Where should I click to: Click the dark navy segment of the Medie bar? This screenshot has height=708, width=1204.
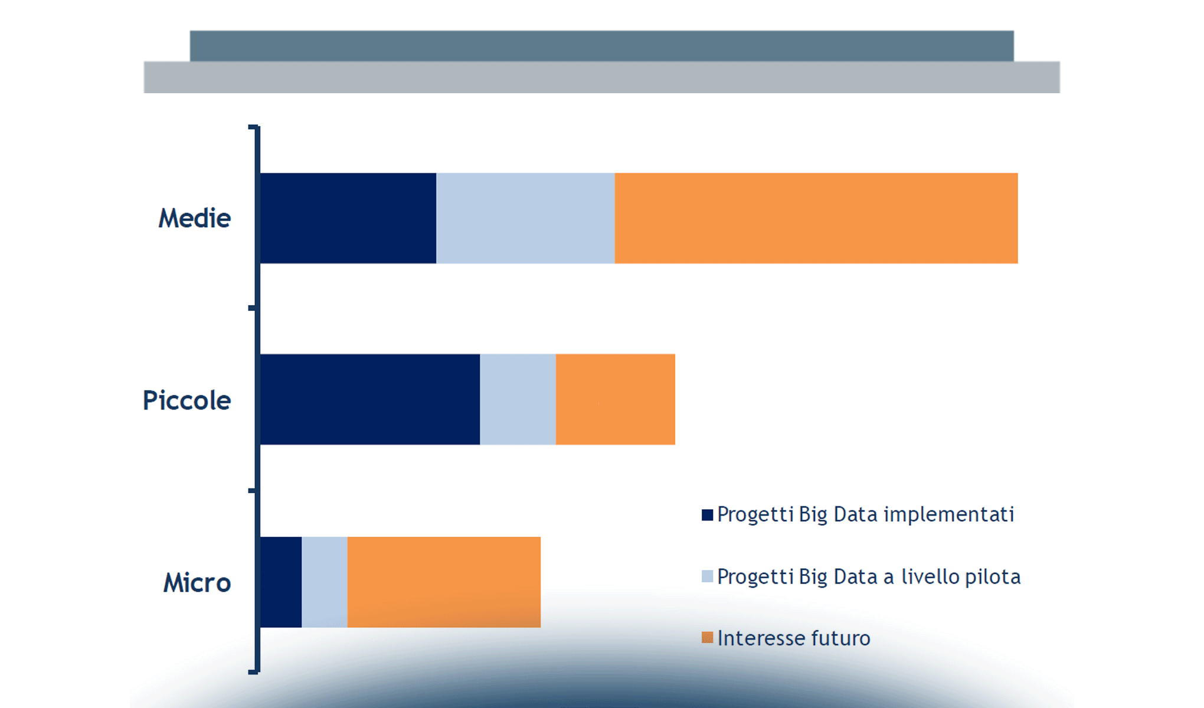click(348, 218)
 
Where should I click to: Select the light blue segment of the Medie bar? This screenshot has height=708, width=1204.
click(525, 218)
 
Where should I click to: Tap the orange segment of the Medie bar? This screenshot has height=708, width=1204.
click(816, 218)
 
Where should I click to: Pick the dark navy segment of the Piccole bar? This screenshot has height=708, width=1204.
click(370, 399)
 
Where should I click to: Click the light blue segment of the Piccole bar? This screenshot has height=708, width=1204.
click(518, 399)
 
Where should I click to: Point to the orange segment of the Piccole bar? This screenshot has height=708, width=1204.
click(616, 399)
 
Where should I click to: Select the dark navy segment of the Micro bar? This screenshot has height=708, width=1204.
click(281, 582)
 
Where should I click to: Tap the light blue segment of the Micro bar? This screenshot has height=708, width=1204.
click(324, 582)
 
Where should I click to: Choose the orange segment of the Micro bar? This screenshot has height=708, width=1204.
click(444, 582)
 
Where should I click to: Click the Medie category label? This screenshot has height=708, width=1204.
click(195, 218)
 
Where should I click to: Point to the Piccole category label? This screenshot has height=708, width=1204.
click(187, 401)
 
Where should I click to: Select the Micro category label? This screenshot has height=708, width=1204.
click(197, 583)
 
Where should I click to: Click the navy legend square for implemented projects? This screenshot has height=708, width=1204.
click(707, 515)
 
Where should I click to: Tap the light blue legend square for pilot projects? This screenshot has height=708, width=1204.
click(707, 576)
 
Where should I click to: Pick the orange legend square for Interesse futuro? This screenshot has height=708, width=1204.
click(707, 638)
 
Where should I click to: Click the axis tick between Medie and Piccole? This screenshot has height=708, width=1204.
click(253, 308)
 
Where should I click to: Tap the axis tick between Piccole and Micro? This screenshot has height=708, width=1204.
click(253, 490)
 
